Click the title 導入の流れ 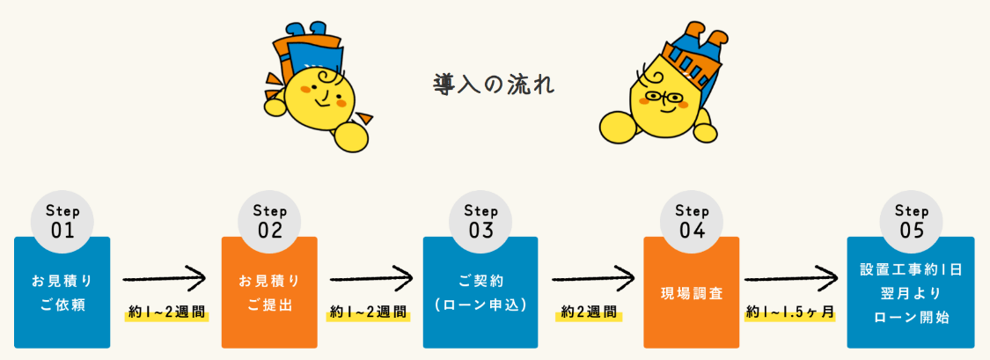pos(494,85)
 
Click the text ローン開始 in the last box pos(911,318)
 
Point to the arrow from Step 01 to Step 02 pos(165,280)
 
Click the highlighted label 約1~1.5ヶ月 pos(790,312)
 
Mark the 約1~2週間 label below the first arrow pos(166,312)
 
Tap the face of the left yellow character pos(320,93)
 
